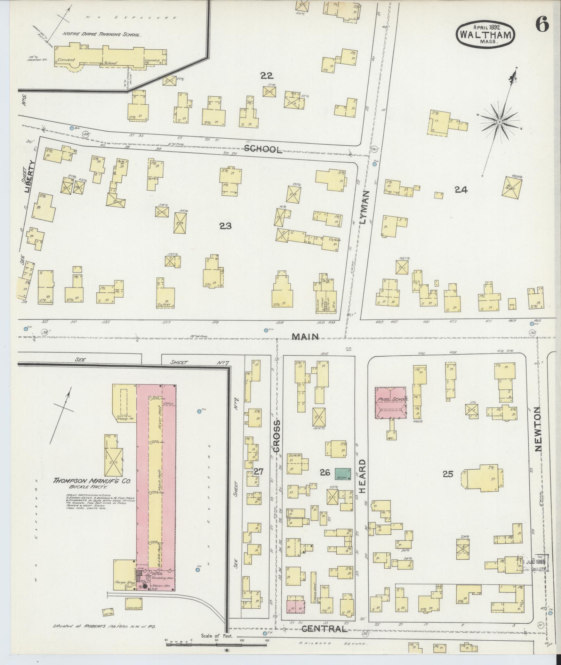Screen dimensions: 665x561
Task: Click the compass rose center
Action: click(499, 122)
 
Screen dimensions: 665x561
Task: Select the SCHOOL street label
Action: click(263, 149)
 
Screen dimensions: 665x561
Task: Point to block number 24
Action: click(461, 189)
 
